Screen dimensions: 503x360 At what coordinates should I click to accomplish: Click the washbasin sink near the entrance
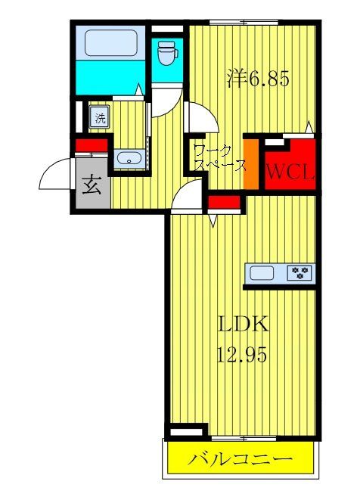[x=129, y=159]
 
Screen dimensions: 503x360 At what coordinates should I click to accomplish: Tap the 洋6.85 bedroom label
[x=258, y=79]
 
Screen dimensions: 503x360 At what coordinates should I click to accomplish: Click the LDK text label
[x=244, y=324]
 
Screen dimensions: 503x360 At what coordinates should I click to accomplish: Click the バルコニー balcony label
[x=240, y=458]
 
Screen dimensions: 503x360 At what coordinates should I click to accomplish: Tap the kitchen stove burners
[x=299, y=273]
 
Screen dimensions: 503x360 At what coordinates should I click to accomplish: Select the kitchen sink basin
[x=262, y=273]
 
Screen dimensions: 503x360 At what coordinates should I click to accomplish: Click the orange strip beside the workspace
[x=250, y=163]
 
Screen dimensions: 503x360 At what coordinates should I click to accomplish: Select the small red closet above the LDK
[x=224, y=202]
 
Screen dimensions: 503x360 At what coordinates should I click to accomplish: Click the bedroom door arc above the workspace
[x=203, y=115]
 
